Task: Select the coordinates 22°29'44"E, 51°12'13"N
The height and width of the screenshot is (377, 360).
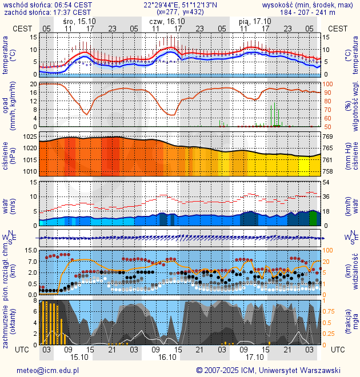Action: (x=179, y=4)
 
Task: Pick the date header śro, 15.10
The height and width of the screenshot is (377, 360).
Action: (x=79, y=21)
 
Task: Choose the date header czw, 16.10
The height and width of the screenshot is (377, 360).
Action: (x=167, y=21)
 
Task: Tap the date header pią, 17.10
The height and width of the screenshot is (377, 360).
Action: (x=255, y=21)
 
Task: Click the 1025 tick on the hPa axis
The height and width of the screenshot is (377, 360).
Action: (x=30, y=137)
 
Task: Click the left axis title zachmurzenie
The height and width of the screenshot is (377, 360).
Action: (x=5, y=323)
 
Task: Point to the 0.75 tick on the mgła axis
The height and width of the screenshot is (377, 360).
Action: (x=330, y=311)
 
